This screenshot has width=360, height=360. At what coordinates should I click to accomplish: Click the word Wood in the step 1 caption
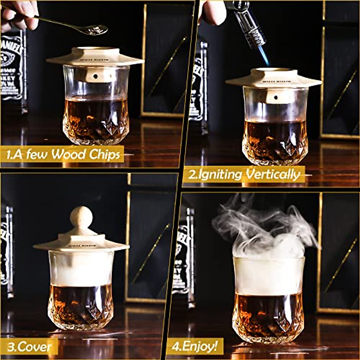tap(68, 155)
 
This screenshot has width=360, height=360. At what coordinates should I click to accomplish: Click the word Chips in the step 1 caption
tap(104, 155)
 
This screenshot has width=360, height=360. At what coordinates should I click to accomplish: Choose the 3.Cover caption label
tap(29, 347)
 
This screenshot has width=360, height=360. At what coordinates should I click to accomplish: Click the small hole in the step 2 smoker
tap(275, 97)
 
